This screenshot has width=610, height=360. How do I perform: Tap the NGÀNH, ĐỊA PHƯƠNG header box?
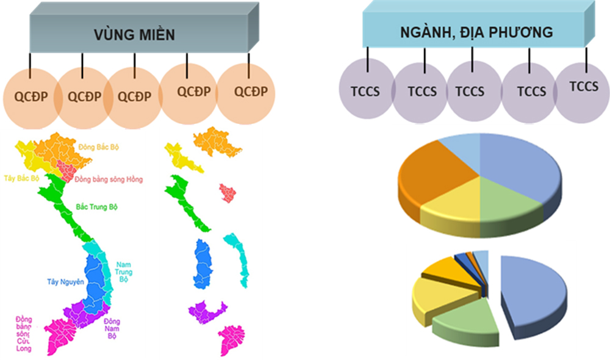point(478,24)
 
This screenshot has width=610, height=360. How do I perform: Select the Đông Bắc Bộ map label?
point(98,147)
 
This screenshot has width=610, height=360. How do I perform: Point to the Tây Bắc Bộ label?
point(22,178)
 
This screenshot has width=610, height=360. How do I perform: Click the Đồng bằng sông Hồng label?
point(109,179)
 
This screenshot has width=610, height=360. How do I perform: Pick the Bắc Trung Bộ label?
point(96,207)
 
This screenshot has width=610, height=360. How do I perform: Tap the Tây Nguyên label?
point(65,282)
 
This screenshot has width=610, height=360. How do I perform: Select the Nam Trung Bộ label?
point(124,272)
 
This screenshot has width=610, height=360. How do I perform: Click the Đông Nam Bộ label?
point(112,328)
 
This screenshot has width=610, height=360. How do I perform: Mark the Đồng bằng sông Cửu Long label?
point(24,334)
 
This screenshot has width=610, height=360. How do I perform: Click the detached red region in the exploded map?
point(228,193)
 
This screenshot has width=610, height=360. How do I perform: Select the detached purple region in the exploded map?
point(207,312)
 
